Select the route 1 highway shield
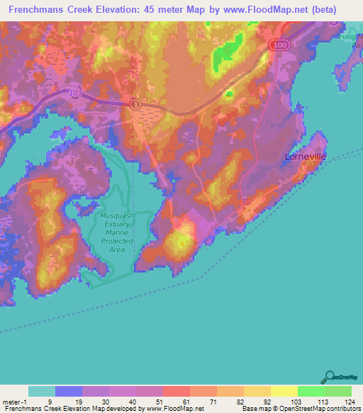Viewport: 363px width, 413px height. click(x=135, y=104)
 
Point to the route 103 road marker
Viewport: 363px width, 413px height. click(x=76, y=92)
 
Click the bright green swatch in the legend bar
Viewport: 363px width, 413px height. click(x=311, y=391)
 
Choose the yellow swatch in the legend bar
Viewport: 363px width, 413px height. click(x=284, y=391)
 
